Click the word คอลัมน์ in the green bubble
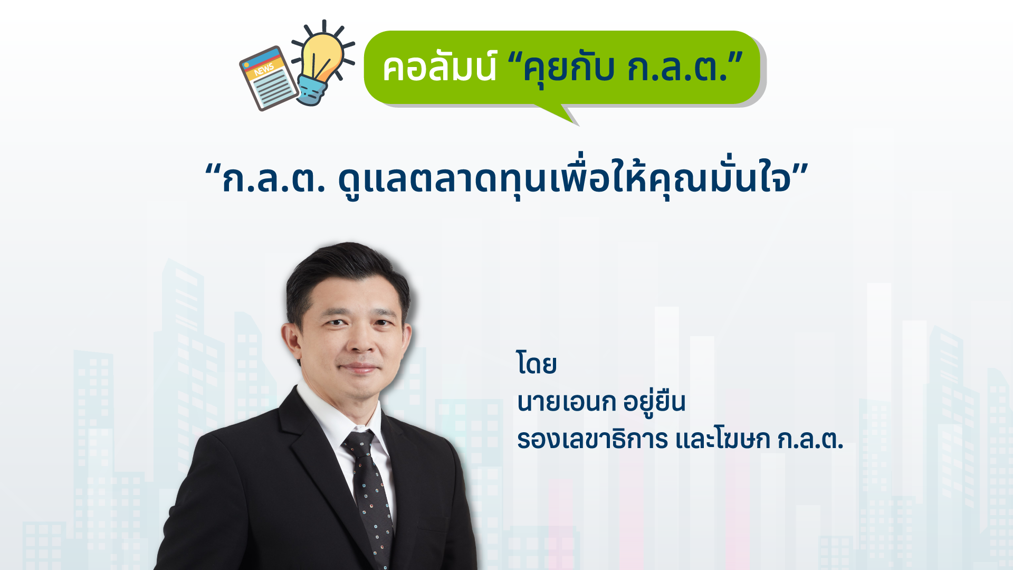pos(439,68)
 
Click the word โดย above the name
pos(537,364)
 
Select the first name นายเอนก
pos(566,403)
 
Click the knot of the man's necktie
pos(360,442)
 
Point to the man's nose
pos(360,338)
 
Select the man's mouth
pos(359,368)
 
